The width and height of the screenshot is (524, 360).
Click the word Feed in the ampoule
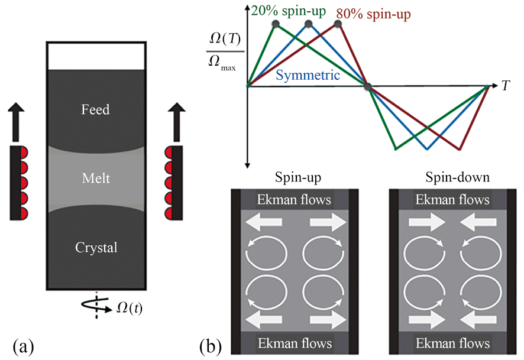pyautogui.click(x=96, y=109)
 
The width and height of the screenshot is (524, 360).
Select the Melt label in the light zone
pyautogui.click(x=96, y=178)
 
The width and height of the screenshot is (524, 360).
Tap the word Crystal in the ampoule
pyautogui.click(x=96, y=248)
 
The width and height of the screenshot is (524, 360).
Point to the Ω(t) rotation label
pyautogui.click(x=130, y=308)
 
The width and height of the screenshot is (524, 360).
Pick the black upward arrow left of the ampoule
pyautogui.click(x=17, y=122)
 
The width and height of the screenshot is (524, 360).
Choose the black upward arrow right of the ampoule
pyautogui.click(x=176, y=122)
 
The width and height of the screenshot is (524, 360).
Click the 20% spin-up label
pyautogui.click(x=289, y=11)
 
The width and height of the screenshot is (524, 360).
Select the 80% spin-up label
pyautogui.click(x=373, y=14)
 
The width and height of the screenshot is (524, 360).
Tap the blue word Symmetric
pyautogui.click(x=308, y=75)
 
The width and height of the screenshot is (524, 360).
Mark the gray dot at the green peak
pyautogui.click(x=276, y=24)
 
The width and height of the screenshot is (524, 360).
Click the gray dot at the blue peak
pyautogui.click(x=309, y=24)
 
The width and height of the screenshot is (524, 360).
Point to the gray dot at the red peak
pyautogui.click(x=338, y=24)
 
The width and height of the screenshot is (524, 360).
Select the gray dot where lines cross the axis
pyautogui.click(x=368, y=87)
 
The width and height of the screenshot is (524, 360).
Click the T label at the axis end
pyautogui.click(x=506, y=86)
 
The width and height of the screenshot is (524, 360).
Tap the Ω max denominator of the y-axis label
pyautogui.click(x=222, y=63)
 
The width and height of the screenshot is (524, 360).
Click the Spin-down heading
pyautogui.click(x=457, y=177)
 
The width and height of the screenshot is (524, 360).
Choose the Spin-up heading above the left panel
pyautogui.click(x=297, y=177)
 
